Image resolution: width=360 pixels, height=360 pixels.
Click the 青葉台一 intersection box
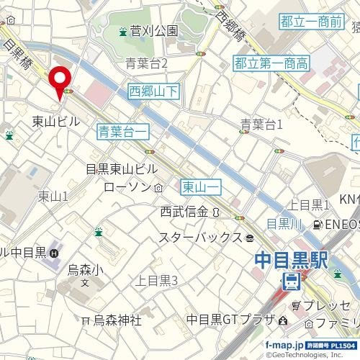tap(123, 131)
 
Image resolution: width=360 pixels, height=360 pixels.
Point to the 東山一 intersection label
tap(201, 186)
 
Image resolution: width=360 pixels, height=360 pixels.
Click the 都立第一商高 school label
tap(271, 64)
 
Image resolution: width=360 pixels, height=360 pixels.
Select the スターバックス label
tap(199, 237)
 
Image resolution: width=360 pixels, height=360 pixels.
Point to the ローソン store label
tap(127, 187)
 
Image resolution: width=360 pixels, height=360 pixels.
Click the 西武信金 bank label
tap(184, 212)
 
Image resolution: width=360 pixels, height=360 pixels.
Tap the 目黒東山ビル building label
tap(121, 170)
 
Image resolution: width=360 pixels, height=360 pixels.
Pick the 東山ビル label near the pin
tap(56, 122)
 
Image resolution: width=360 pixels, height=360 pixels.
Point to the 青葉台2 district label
tap(145, 64)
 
